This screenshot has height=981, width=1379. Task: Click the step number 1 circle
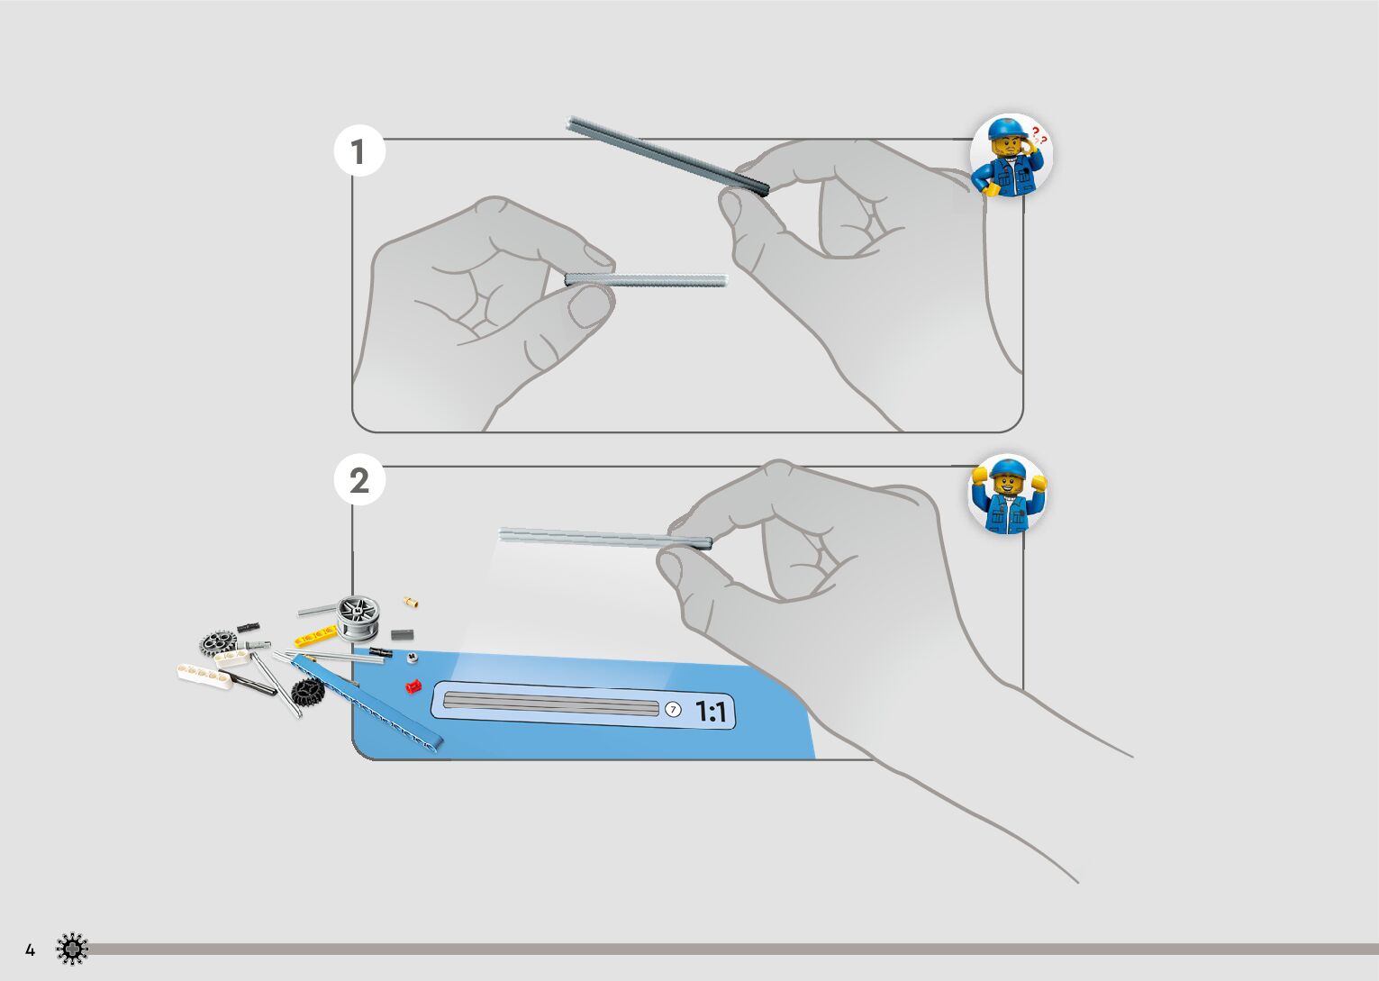click(x=359, y=152)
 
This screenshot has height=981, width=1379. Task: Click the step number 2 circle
click(x=359, y=480)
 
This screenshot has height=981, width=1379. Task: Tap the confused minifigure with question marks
click(x=1012, y=155)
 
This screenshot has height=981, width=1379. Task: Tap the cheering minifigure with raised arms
click(x=1008, y=494)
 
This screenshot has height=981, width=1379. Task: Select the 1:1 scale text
click(x=711, y=713)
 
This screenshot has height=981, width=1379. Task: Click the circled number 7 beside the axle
click(x=672, y=709)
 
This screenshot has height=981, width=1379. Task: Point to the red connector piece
click(x=413, y=686)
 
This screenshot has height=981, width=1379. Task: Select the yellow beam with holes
click(x=314, y=638)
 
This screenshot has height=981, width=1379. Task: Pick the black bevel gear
click(x=307, y=692)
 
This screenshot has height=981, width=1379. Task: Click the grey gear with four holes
click(x=218, y=642)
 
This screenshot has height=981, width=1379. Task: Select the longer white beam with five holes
click(x=204, y=675)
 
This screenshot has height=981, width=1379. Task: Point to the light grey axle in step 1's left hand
click(x=646, y=279)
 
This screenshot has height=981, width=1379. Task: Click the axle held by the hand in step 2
click(x=603, y=538)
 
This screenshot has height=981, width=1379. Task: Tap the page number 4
click(x=30, y=949)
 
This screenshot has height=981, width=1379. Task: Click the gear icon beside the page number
click(x=72, y=949)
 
